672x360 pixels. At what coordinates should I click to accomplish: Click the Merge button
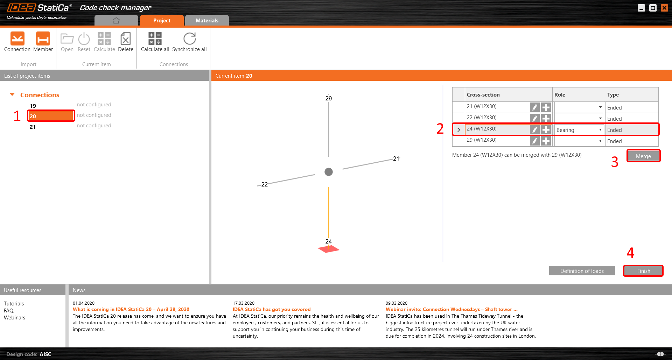pyautogui.click(x=643, y=156)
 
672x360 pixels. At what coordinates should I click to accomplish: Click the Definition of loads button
pyautogui.click(x=582, y=271)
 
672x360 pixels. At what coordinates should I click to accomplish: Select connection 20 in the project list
pyautogui.click(x=51, y=116)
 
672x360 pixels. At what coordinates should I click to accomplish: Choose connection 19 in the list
pyautogui.click(x=33, y=106)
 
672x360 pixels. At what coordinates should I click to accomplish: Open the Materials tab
pyautogui.click(x=207, y=20)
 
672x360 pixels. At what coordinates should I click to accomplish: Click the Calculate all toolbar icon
pyautogui.click(x=155, y=38)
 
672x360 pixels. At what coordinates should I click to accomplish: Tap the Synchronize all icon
pyautogui.click(x=189, y=38)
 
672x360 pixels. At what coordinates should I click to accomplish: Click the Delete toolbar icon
pyautogui.click(x=125, y=38)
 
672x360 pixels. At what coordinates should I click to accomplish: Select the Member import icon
pyautogui.click(x=43, y=38)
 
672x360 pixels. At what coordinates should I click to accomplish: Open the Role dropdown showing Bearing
pyautogui.click(x=579, y=130)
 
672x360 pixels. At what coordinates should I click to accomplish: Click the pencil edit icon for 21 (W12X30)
pyautogui.click(x=534, y=107)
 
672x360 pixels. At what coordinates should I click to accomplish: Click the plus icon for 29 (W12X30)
pyautogui.click(x=546, y=141)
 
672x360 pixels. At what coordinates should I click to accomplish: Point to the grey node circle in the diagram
pyautogui.click(x=329, y=172)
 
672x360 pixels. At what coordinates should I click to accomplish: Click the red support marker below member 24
pyautogui.click(x=328, y=249)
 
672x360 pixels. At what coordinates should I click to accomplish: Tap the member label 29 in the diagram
pyautogui.click(x=328, y=98)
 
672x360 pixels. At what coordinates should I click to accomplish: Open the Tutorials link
pyautogui.click(x=14, y=304)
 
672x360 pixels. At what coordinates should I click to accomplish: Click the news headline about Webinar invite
pyautogui.click(x=451, y=309)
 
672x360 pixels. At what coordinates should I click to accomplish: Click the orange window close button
pyautogui.click(x=664, y=8)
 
